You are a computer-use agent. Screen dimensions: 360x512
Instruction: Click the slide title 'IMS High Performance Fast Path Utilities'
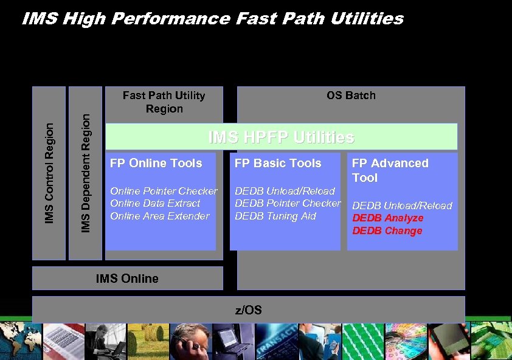tap(212, 19)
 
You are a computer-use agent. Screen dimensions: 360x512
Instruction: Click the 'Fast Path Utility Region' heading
tap(164, 102)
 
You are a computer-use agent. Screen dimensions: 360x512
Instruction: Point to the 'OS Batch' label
tap(351, 95)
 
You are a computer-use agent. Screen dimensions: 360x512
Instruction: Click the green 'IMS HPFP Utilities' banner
tap(281, 137)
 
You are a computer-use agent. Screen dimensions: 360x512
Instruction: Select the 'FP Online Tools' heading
tap(156, 163)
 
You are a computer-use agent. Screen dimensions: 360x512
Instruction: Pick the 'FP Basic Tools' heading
tap(277, 163)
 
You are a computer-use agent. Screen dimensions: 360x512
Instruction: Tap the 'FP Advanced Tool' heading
tap(390, 170)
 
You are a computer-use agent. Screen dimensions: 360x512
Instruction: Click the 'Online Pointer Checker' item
tap(163, 191)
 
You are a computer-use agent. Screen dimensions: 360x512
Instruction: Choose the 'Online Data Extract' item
tap(154, 203)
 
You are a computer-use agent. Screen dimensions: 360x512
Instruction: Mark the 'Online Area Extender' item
tap(159, 216)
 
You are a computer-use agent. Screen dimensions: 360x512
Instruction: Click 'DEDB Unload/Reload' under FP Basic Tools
tap(285, 191)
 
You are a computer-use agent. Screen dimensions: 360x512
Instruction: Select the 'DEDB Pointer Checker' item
tap(288, 203)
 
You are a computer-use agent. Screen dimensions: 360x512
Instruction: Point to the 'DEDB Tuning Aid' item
tap(275, 216)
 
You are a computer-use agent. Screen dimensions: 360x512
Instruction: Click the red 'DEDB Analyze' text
tap(388, 218)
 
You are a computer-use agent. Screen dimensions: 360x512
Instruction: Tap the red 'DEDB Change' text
tap(387, 230)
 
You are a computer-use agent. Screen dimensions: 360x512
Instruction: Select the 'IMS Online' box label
tap(127, 279)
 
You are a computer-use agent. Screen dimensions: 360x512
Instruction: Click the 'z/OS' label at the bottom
tap(248, 310)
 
